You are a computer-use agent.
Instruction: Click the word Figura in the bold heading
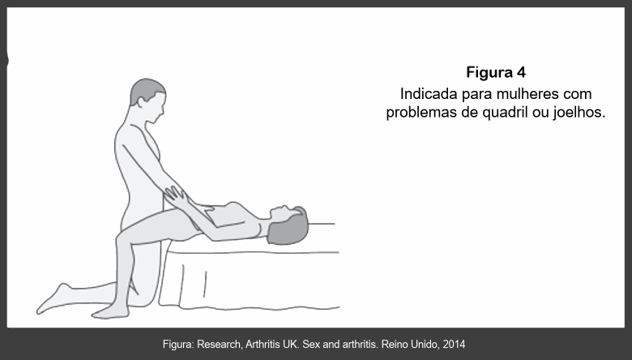click(x=489, y=72)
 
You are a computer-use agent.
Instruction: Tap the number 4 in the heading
click(x=521, y=72)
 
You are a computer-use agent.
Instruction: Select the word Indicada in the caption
click(x=429, y=94)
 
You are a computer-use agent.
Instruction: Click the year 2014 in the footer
click(x=454, y=345)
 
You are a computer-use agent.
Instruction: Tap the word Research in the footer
click(x=220, y=345)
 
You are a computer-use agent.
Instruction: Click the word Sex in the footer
click(x=311, y=345)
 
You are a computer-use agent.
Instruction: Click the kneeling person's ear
click(x=141, y=102)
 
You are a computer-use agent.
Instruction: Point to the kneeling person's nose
click(x=163, y=110)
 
